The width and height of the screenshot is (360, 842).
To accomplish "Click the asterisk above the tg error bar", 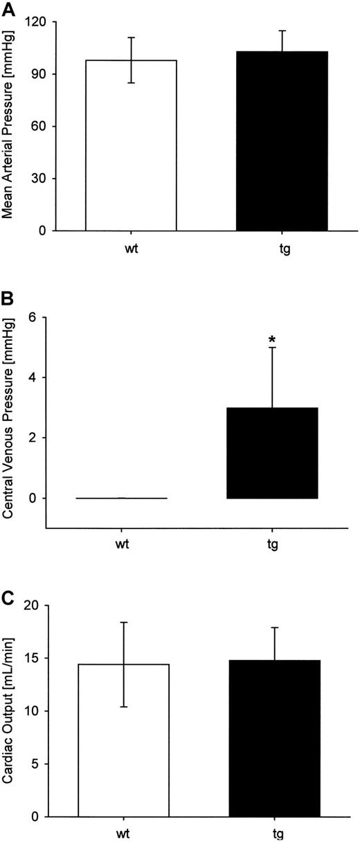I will click(x=273, y=340).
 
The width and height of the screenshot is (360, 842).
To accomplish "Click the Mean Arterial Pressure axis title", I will click(x=12, y=127).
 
